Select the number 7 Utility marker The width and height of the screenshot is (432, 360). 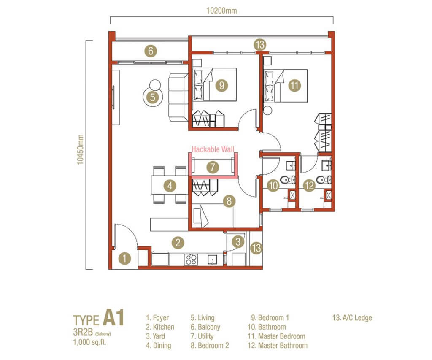click(x=213, y=167)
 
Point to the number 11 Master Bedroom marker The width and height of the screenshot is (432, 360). click(x=294, y=85)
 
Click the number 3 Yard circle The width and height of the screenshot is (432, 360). click(x=238, y=242)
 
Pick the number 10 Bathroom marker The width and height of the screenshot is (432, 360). click(x=273, y=185)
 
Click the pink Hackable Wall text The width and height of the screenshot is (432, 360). click(x=213, y=149)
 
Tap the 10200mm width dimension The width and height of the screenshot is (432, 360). click(x=222, y=11)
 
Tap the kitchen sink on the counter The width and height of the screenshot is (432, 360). click(x=212, y=259)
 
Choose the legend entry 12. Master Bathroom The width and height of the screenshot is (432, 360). click(x=277, y=346)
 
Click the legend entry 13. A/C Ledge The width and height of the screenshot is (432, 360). click(x=352, y=318)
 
